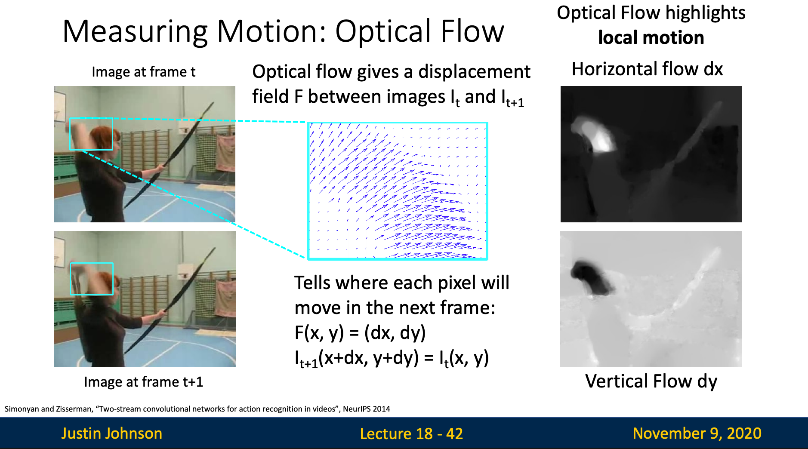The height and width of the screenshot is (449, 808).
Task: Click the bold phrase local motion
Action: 651,37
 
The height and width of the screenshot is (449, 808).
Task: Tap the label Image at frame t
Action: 143,72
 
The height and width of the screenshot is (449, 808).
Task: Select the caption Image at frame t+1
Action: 143,381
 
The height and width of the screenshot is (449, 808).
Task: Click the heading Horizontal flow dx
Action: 647,69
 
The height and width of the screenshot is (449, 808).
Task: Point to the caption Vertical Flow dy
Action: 651,381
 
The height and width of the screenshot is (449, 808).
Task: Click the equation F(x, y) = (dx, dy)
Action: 360,332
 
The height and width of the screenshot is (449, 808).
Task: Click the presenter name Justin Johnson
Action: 111,433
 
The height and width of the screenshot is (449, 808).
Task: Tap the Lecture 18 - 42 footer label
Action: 411,434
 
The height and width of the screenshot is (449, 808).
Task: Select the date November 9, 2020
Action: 697,433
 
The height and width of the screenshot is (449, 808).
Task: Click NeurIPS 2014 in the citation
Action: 367,409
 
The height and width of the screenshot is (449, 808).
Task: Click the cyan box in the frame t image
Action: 91,118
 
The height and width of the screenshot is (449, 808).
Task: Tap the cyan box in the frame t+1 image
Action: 92,263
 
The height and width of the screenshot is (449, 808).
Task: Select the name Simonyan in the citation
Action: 22,409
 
